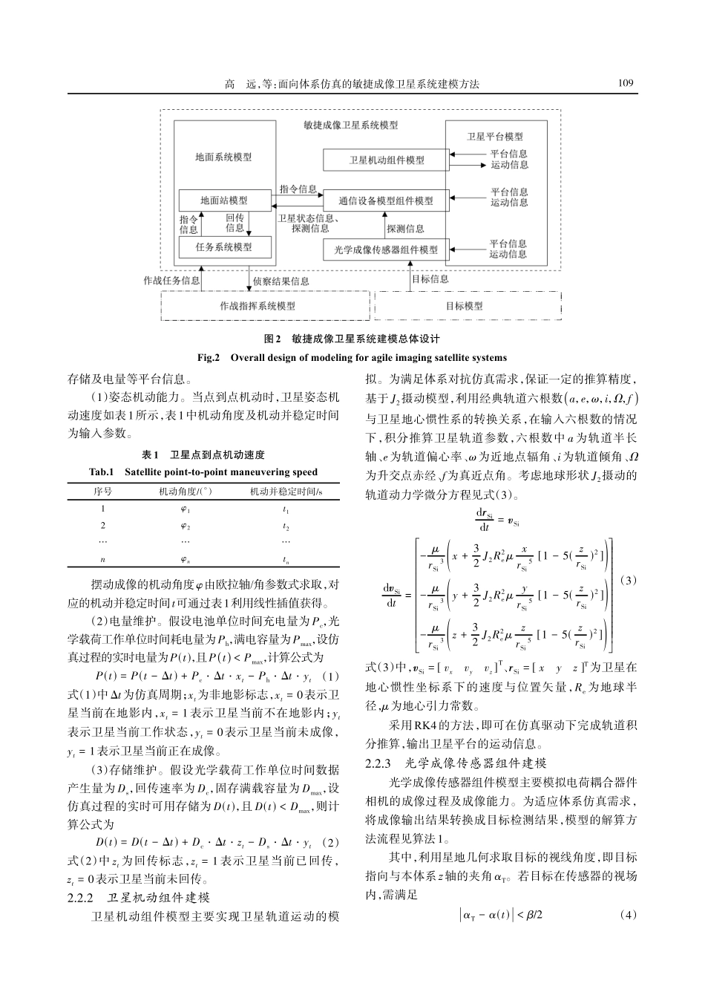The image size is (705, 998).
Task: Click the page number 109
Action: coord(627,83)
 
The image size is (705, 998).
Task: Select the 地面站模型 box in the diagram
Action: coord(224,200)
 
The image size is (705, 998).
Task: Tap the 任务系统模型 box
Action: coord(224,247)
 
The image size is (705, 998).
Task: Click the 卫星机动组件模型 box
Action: coord(387,160)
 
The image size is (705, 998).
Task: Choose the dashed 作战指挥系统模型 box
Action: coord(266,306)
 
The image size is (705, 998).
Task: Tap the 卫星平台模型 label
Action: coord(495,137)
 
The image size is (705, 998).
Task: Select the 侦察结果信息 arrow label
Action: coord(281,281)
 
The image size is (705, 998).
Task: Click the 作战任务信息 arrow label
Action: coord(171,281)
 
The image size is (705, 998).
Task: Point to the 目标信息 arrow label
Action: coord(430,279)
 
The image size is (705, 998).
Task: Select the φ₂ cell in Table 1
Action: coord(186,526)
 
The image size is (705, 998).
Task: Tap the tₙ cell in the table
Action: coord(285,560)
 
